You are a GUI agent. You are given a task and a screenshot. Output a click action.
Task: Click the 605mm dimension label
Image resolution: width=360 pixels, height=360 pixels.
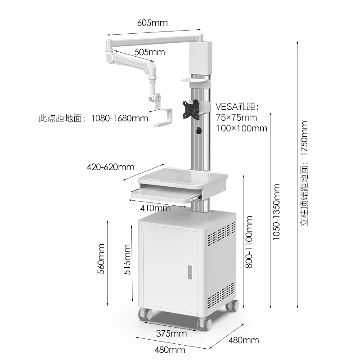click(153, 23)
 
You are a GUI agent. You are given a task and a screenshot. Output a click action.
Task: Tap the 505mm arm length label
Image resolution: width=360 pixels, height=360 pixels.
click(150, 52)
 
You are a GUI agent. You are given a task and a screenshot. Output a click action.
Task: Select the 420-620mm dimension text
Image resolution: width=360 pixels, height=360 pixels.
click(110, 167)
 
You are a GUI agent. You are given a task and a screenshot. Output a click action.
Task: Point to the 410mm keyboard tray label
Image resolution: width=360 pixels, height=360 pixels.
click(155, 208)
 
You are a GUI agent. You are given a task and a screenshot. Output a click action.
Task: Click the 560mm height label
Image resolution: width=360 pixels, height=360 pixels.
click(101, 259)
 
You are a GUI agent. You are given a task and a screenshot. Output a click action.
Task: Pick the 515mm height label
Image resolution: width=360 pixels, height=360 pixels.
click(127, 260)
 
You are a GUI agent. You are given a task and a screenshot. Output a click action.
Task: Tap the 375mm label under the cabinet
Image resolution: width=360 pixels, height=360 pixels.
click(171, 333)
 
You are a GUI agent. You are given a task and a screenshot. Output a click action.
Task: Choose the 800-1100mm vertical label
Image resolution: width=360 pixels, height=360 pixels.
click(249, 242)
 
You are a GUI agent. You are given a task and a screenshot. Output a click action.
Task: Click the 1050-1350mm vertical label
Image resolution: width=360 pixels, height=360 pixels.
click(276, 212)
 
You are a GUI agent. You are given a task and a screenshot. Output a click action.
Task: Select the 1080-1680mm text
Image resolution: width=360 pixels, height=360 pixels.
click(120, 118)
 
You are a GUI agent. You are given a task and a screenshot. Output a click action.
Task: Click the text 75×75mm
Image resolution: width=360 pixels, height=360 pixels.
click(236, 117)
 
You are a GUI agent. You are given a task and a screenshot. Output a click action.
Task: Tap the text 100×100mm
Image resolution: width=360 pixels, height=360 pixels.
click(242, 128)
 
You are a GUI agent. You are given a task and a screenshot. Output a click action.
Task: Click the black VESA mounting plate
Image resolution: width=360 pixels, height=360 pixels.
click(191, 109)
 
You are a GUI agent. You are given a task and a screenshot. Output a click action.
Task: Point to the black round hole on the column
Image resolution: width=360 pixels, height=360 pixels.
click(198, 130)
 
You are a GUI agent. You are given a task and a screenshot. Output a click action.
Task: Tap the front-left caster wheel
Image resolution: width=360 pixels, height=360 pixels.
click(145, 314)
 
